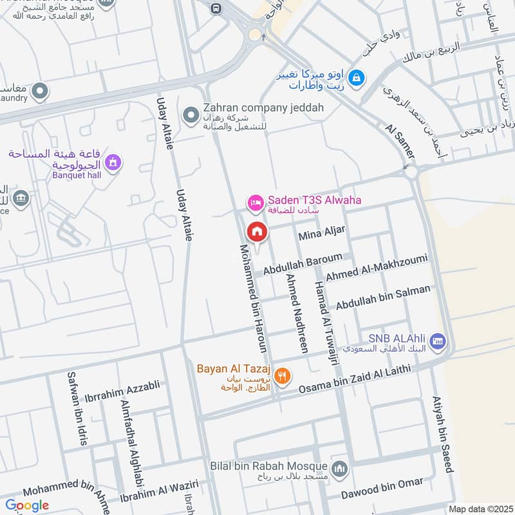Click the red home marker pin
click(257, 232)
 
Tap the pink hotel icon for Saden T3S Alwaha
click(254, 202)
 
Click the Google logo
click(27, 505)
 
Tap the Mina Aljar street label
click(322, 233)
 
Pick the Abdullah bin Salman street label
click(382, 297)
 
